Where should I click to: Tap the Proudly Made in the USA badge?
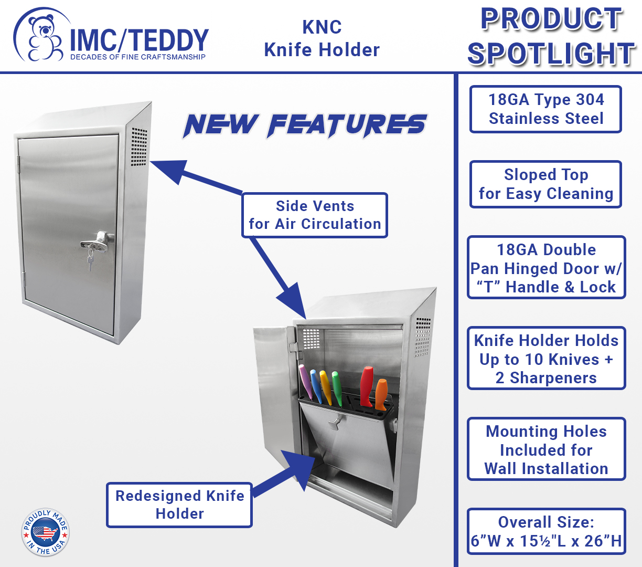pyautogui.click(x=45, y=532)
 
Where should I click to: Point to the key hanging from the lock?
pyautogui.click(x=91, y=260)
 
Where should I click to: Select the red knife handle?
pyautogui.click(x=367, y=386)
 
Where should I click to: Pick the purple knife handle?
pyautogui.click(x=306, y=382)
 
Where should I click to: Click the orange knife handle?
pyautogui.click(x=381, y=394)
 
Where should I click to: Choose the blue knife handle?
pyautogui.click(x=316, y=386)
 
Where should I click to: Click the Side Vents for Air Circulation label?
pyautogui.click(x=315, y=215)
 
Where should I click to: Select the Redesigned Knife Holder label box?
pyautogui.click(x=179, y=505)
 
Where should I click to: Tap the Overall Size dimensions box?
pyautogui.click(x=546, y=531)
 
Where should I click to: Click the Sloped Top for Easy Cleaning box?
pyautogui.click(x=545, y=184)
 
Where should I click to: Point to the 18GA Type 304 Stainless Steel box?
pyautogui.click(x=545, y=109)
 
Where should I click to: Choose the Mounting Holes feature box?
pyautogui.click(x=546, y=449)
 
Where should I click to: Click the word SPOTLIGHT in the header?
pyautogui.click(x=551, y=54)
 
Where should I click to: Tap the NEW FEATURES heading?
pyautogui.click(x=305, y=126)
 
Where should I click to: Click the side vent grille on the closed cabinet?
pyautogui.click(x=139, y=147)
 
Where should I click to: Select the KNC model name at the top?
pyautogui.click(x=322, y=27)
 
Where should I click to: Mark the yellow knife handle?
pyautogui.click(x=326, y=388)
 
